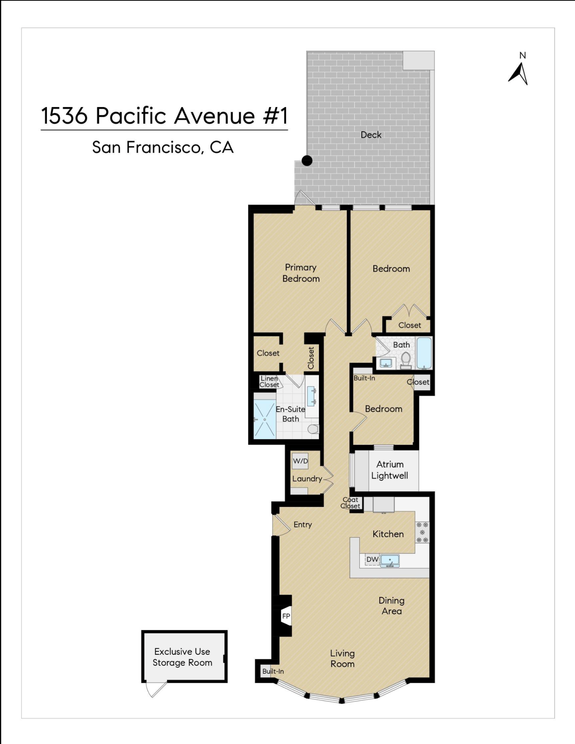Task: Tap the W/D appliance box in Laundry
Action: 300,461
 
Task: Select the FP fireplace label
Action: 286,616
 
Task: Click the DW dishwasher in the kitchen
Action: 372,560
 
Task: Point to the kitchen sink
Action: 390,561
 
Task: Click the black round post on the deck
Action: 307,161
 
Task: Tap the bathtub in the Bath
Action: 424,353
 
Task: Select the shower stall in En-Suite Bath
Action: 264,419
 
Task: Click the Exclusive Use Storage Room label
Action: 182,657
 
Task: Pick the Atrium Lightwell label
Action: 390,470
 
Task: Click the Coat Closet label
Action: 351,503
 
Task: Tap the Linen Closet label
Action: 269,381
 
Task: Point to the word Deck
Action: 371,135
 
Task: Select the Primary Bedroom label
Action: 301,273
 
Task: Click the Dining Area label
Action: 391,606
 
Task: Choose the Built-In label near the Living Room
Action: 273,671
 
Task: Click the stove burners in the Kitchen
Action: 422,532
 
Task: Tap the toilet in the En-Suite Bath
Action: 313,429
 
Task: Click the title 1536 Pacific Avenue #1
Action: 164,116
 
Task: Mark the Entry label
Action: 303,525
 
